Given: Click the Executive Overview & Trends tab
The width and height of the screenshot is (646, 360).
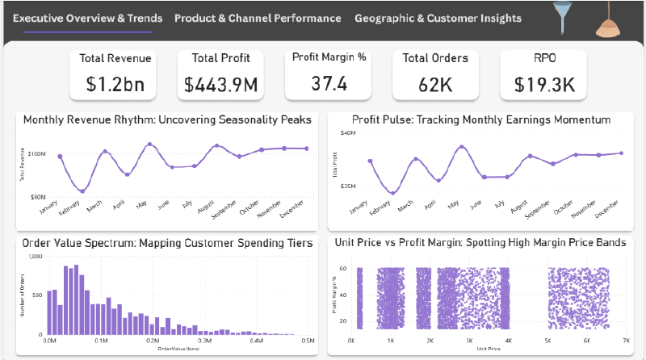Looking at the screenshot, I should (x=88, y=19).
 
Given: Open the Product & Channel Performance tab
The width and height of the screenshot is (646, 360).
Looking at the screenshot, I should (x=258, y=19).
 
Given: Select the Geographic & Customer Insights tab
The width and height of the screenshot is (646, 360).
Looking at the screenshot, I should (x=438, y=19).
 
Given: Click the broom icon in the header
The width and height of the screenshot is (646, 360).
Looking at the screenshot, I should (x=608, y=21).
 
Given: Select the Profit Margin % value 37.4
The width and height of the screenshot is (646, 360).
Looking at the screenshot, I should (x=329, y=82).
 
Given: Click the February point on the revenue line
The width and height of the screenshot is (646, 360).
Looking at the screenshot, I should (x=82, y=191).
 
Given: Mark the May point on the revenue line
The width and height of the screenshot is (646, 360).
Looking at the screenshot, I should (x=149, y=144).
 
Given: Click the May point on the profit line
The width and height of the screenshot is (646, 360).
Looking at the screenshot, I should (x=461, y=147).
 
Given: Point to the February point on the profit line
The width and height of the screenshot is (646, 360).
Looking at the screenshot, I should (x=392, y=193).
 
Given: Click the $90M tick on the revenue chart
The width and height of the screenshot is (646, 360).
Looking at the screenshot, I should (x=36, y=197).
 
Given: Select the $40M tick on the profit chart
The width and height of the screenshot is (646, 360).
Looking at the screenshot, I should (x=348, y=133).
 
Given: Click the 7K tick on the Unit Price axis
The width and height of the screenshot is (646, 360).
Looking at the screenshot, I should (x=625, y=341).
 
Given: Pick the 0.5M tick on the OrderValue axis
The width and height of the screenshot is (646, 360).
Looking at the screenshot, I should (x=307, y=341).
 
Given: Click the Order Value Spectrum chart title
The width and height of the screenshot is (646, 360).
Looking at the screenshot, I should (x=166, y=242).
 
